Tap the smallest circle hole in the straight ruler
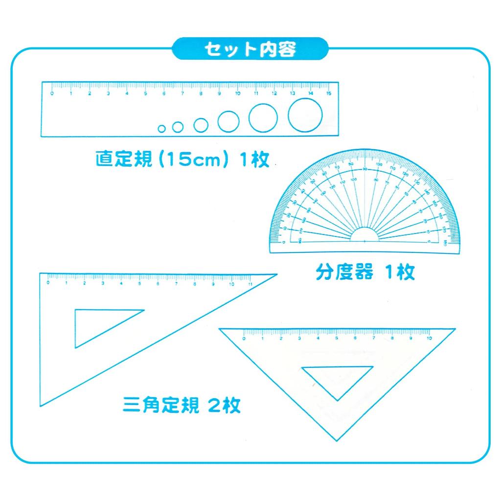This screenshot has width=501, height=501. tap(162, 129)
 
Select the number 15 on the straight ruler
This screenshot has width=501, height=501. tap(328, 93)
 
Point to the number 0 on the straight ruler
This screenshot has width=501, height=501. tap(53, 93)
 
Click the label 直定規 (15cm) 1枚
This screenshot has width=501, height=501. tap(182, 159)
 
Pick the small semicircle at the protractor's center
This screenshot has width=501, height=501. tap(365, 235)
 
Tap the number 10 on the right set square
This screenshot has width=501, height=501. tap(429, 338)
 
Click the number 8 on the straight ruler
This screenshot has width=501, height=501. tap(201, 93)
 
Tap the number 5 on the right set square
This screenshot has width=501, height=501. tap(337, 338)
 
